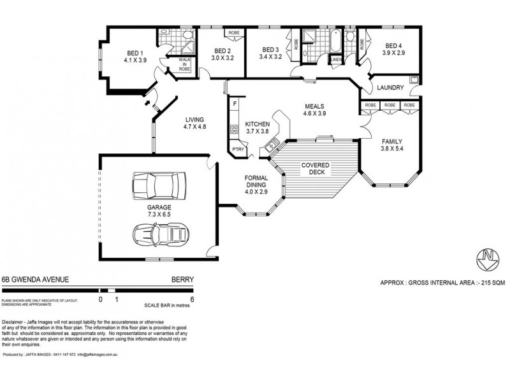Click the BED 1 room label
135,53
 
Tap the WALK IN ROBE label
184,64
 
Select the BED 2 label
222,51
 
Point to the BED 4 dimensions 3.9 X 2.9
393,53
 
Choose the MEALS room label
315,106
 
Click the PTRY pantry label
238,150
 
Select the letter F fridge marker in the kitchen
235,103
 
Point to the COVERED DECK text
316,168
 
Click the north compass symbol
489,258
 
